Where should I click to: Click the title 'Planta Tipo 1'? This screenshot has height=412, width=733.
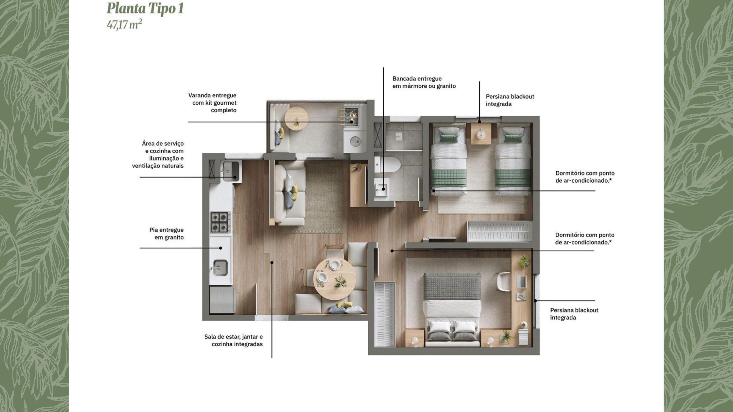pos(145,9)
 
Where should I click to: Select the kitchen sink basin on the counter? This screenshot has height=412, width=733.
pos(220,268)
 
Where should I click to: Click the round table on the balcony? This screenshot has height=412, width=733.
pos(297,118)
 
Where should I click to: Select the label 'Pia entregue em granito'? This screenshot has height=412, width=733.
pos(167,233)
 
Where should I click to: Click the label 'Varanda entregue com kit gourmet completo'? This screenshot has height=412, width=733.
pos(212,103)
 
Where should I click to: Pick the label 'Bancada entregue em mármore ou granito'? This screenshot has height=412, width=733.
pos(424,82)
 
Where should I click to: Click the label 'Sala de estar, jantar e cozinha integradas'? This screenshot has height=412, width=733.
pos(233,340)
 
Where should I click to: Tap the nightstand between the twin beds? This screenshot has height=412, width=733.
pos(481,134)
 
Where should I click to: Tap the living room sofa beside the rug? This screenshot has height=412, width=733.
pos(290,193)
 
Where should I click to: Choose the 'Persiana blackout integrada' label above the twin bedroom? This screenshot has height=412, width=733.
pos(510,100)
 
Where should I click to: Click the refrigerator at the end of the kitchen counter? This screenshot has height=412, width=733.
pos(223,300)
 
